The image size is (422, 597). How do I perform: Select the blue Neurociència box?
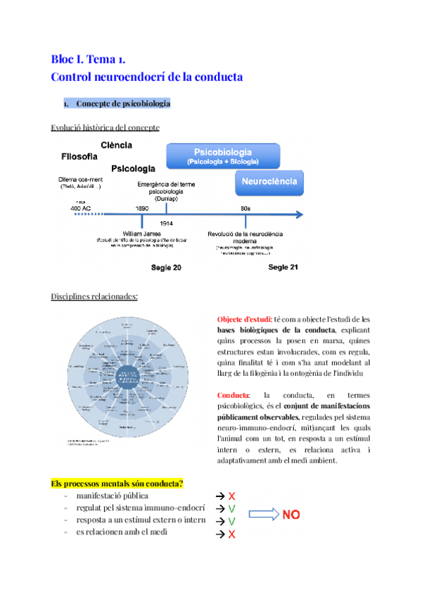pyautogui.click(x=269, y=182)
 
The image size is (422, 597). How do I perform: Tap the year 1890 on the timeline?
pyautogui.click(x=142, y=208)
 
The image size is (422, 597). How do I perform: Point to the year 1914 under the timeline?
pyautogui.click(x=166, y=222)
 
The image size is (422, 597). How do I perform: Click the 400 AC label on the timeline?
pyautogui.click(x=80, y=208)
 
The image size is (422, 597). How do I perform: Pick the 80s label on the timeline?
pyautogui.click(x=245, y=208)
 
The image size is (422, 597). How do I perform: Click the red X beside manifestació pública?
pyautogui.click(x=231, y=496)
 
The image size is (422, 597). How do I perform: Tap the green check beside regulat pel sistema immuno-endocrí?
pyautogui.click(x=231, y=508)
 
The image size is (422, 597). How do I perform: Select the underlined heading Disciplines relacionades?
pyautogui.click(x=94, y=296)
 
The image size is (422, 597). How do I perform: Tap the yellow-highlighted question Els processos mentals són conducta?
pyautogui.click(x=117, y=484)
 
